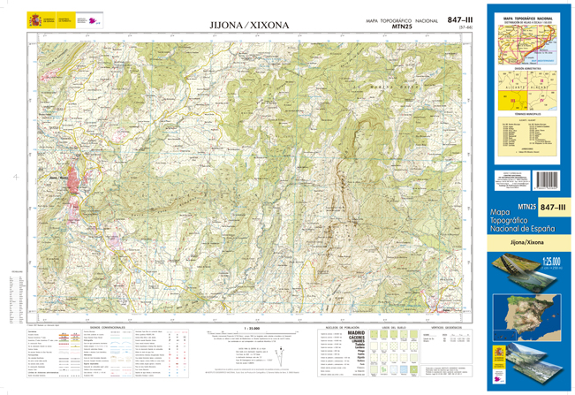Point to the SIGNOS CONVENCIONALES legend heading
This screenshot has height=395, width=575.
(x=107, y=327)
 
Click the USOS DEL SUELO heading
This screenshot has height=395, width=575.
(x=393, y=327)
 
